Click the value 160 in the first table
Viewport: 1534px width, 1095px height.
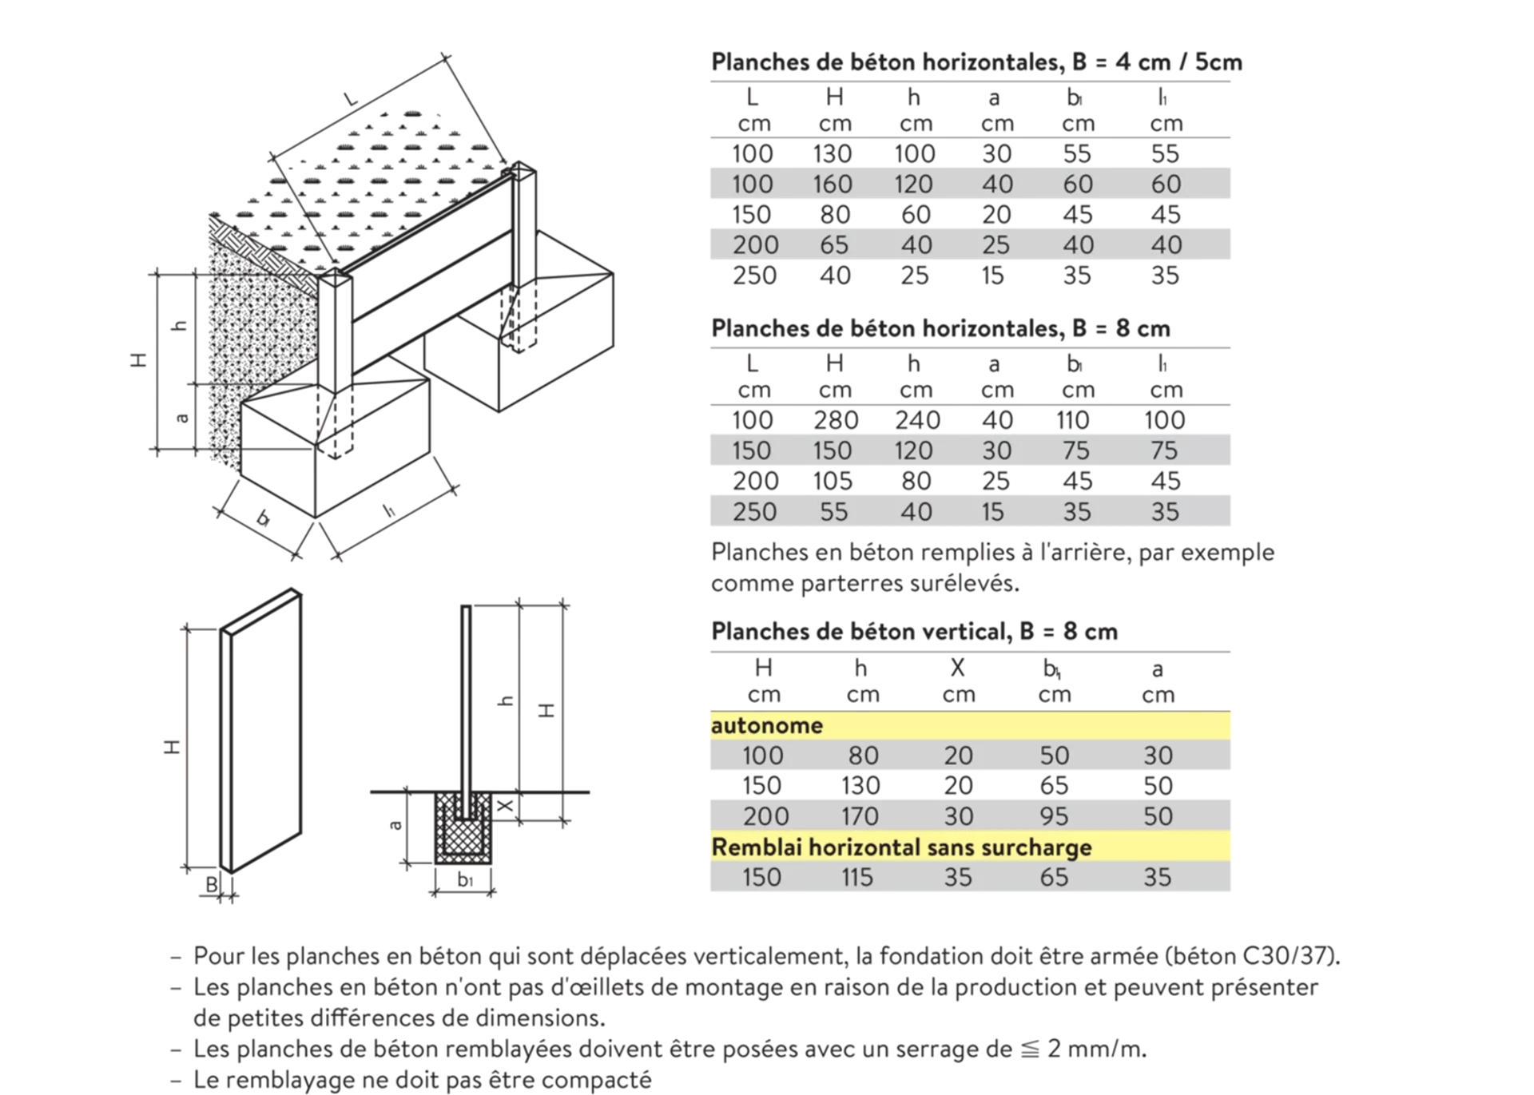tap(833, 184)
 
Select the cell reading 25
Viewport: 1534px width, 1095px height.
tap(996, 244)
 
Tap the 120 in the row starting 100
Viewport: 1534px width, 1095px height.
tap(913, 184)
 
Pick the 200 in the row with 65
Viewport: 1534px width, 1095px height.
tap(755, 244)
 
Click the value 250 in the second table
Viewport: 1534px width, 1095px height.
tap(754, 512)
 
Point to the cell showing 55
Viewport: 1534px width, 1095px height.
tap(833, 512)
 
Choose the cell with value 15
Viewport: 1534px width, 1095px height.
tap(992, 512)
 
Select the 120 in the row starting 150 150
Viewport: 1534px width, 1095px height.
tap(913, 450)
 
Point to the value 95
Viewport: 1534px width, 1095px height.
tap(1054, 816)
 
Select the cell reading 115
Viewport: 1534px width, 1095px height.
tap(856, 877)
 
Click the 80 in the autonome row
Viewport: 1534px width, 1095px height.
tap(863, 756)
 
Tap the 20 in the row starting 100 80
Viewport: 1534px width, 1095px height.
tap(958, 756)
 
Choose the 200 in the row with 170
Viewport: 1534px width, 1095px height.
tap(766, 816)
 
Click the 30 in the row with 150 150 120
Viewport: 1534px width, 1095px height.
tap(996, 450)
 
